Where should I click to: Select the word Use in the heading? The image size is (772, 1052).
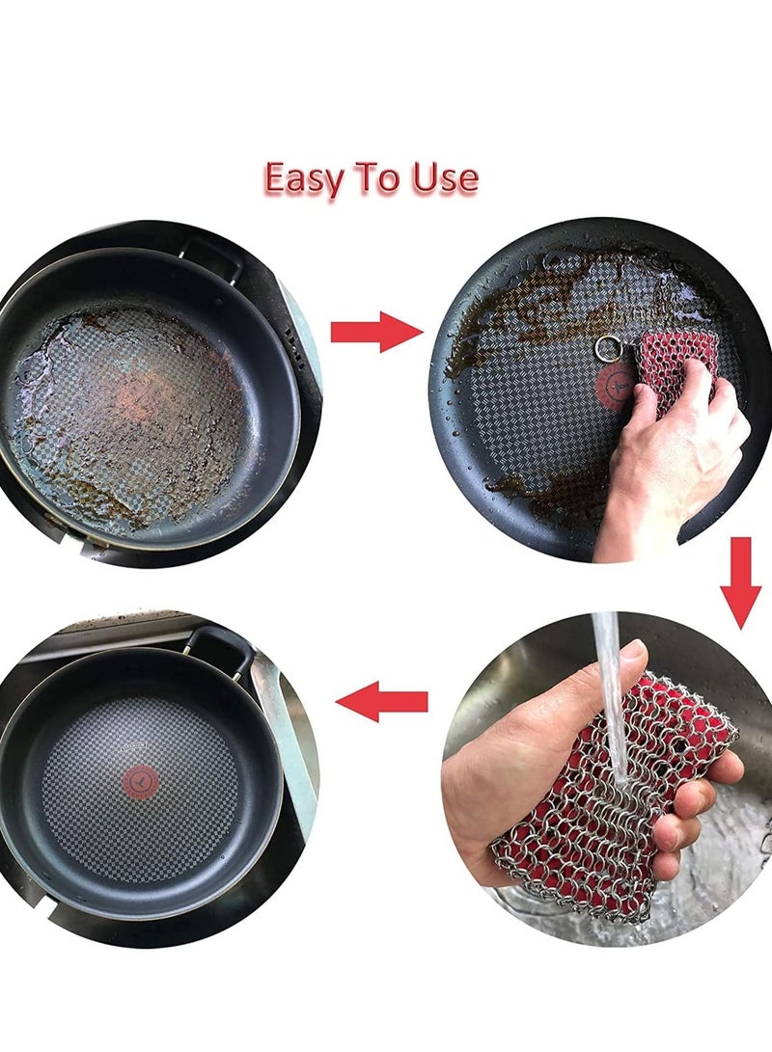[x=444, y=179]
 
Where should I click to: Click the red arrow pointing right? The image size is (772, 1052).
[x=375, y=332]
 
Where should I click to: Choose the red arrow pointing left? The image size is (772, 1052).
[x=383, y=701]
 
